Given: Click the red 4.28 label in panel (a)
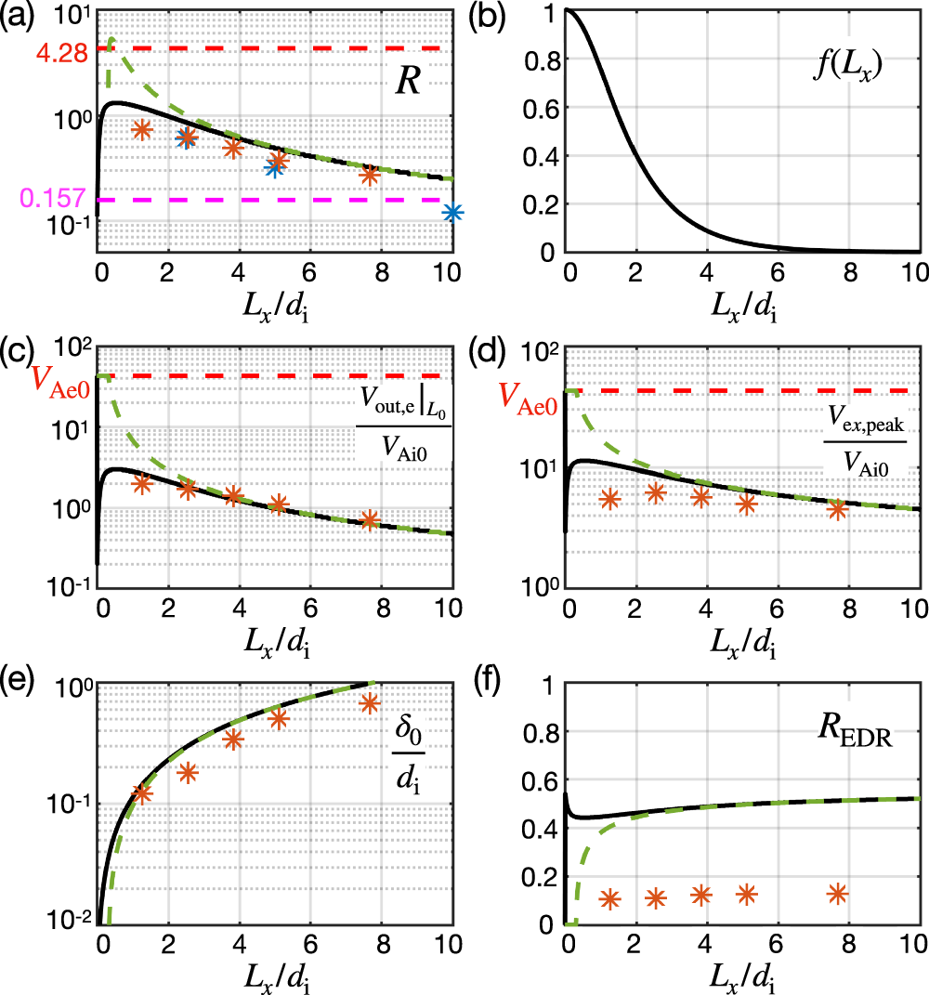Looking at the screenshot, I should pos(61,55).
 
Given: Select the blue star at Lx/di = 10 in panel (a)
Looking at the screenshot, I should pos(452,213).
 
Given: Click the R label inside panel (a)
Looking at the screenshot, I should pos(407,82).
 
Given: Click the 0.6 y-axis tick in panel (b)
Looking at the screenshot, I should pos(539,108).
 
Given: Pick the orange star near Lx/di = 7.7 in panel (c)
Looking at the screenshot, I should pos(370,519).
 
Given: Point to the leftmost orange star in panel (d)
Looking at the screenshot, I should pos(609,499).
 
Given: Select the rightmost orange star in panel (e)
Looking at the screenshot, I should pos(370,703).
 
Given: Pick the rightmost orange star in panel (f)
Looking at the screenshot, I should pos(838,893).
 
